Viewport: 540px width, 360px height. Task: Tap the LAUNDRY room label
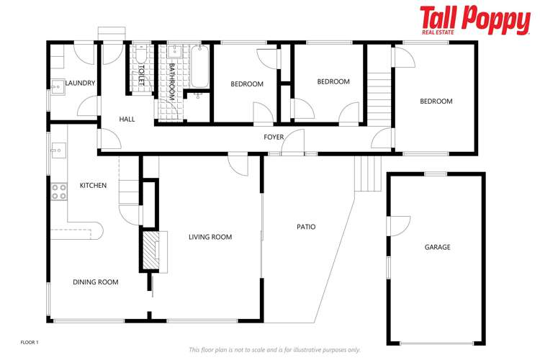pyautogui.click(x=80, y=83)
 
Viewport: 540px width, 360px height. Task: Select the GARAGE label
pyautogui.click(x=437, y=247)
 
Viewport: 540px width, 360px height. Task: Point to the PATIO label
pyautogui.click(x=306, y=227)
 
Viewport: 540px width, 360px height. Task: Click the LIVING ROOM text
pyautogui.click(x=210, y=237)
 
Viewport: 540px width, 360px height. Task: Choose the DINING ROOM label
pyautogui.click(x=95, y=282)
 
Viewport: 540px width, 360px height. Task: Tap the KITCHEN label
pyautogui.click(x=93, y=186)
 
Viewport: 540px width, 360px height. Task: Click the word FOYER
pyautogui.click(x=274, y=137)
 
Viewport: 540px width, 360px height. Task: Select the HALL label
pyautogui.click(x=127, y=120)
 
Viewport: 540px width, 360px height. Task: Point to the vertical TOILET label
pyautogui.click(x=142, y=77)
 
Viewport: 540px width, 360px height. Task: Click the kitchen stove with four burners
pyautogui.click(x=58, y=192)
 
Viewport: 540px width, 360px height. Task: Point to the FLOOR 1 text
pyautogui.click(x=29, y=341)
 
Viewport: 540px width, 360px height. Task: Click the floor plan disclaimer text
pyautogui.click(x=274, y=349)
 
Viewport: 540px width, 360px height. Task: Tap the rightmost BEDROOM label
pyautogui.click(x=436, y=102)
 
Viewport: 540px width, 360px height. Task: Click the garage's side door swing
pyautogui.click(x=396, y=225)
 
